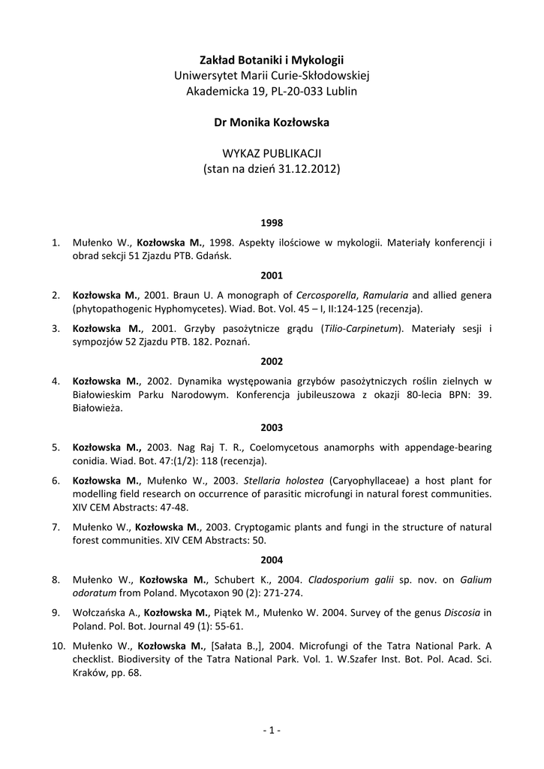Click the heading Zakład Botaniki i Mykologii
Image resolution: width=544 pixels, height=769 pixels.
pos(272,59)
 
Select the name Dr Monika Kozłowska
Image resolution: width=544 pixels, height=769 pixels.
pos(272,122)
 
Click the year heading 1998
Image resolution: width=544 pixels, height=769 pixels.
pos(272,223)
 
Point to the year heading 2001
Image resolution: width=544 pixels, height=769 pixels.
pos(272,276)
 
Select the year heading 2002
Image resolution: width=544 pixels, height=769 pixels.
pos(272,360)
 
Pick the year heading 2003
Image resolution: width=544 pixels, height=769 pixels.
pos(272,428)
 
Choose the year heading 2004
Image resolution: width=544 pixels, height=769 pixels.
pos(272,559)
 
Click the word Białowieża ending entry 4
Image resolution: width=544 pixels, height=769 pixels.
pos(98,409)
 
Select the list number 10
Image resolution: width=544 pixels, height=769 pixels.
pos(58,645)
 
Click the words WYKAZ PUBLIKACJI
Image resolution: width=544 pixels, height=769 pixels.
pos(272,154)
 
